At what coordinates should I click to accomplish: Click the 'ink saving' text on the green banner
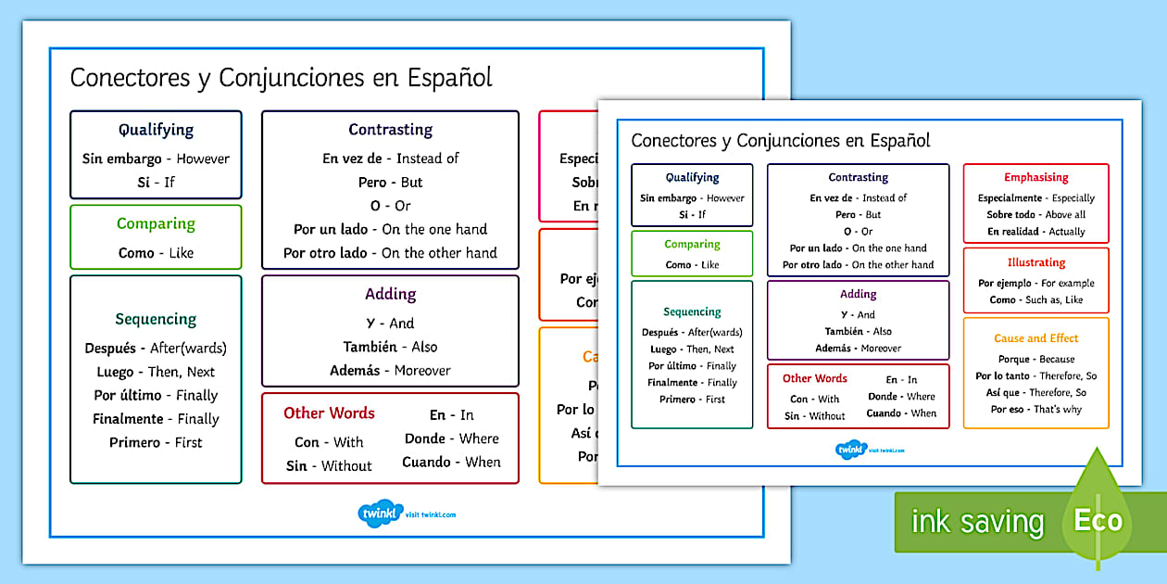[x=977, y=522]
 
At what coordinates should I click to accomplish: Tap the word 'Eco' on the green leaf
[x=1098, y=519]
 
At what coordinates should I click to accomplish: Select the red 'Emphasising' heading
[x=1035, y=177]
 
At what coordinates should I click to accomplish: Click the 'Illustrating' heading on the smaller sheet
[x=1035, y=262]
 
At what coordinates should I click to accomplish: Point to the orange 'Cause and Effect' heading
[x=1035, y=338]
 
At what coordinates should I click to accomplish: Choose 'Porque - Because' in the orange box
[x=1035, y=359]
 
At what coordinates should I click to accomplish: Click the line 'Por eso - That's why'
[x=1035, y=409]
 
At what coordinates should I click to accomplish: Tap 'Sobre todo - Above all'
[x=1035, y=214]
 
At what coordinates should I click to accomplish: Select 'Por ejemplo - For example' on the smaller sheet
[x=1035, y=283]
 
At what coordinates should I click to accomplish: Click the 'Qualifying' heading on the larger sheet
[x=156, y=130]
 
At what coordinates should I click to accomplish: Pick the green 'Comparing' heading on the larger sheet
[x=156, y=223]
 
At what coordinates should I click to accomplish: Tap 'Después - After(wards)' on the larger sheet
[x=156, y=349]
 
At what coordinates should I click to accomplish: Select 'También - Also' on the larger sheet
[x=390, y=347]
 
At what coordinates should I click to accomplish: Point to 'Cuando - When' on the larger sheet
[x=451, y=462]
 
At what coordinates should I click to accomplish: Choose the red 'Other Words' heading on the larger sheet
[x=329, y=413]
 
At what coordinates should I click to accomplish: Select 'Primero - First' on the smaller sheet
[x=692, y=399]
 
